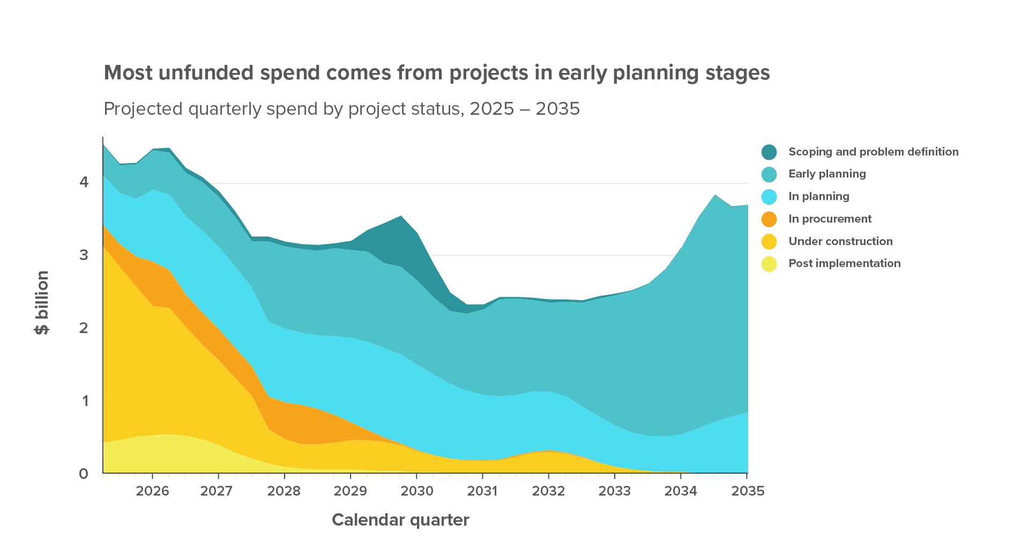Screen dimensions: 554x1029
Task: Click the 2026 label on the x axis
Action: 152,491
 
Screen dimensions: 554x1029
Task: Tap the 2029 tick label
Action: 351,491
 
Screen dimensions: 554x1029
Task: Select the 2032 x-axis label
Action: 548,491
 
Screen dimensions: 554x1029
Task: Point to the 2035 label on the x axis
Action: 747,491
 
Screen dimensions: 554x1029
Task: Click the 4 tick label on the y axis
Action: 84,182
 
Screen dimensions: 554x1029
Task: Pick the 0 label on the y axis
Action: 84,474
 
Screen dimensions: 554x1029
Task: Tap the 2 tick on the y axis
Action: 84,328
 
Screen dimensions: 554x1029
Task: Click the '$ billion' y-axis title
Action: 42,302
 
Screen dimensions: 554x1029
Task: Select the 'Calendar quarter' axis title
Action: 400,520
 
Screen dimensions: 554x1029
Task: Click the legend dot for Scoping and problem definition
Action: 769,152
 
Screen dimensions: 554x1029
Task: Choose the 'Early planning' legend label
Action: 827,174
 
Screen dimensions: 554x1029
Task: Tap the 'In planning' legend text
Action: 818,197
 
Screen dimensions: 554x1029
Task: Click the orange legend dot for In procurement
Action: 769,219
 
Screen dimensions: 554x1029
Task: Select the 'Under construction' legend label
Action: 840,242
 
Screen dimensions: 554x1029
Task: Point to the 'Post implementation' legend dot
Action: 769,264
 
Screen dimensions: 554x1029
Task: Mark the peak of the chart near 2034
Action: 714,196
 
